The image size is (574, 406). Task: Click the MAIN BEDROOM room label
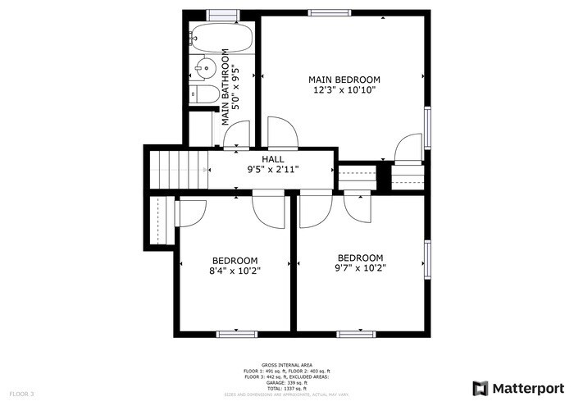(344, 80)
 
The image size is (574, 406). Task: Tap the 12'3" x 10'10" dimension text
(344, 90)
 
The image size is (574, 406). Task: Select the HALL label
(273, 158)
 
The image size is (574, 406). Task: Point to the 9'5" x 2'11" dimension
(273, 169)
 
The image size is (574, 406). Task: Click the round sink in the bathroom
(206, 66)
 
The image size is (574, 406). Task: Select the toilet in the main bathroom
(205, 94)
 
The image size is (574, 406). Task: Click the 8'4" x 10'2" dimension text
(235, 271)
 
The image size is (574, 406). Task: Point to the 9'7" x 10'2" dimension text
(360, 267)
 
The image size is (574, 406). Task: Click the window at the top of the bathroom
(222, 13)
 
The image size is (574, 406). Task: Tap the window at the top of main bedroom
(326, 12)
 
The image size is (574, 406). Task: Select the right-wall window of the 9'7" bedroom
(426, 260)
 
